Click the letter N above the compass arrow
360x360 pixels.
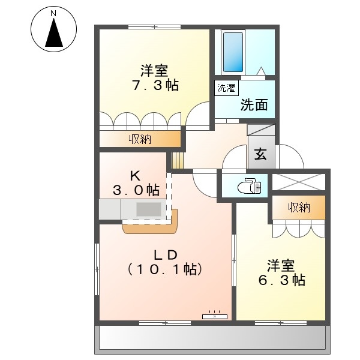[x=53, y=14]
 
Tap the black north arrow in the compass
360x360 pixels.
[x=54, y=32]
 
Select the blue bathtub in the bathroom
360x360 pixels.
[x=233, y=52]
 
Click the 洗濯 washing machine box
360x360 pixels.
[x=226, y=88]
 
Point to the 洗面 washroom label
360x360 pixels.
[x=254, y=105]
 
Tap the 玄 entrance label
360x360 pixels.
[x=260, y=154]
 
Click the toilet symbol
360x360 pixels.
[x=250, y=185]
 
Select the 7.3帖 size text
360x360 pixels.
[x=155, y=85]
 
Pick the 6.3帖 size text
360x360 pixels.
[x=282, y=280]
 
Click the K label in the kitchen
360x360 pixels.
[x=135, y=176]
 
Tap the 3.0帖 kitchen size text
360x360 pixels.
[x=136, y=190]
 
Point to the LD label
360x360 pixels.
[x=166, y=255]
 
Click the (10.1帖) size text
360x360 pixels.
[x=165, y=269]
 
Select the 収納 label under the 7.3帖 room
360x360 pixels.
[x=140, y=139]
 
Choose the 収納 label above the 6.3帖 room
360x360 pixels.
[x=299, y=208]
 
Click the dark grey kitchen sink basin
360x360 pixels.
[x=149, y=209]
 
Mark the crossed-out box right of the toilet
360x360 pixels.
[x=299, y=182]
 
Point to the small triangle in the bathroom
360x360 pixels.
[x=261, y=71]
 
